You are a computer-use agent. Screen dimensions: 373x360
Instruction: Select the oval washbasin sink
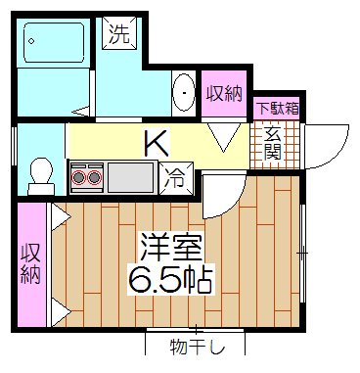pos(183,95)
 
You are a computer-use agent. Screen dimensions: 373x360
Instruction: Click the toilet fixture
pos(41,172)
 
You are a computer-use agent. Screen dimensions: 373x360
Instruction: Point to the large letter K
pos(157,143)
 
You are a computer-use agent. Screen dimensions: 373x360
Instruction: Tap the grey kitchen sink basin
pos(130,177)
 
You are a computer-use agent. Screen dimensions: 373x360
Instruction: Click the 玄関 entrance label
pos(273,143)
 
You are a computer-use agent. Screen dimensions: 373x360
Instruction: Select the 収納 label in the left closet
pos(29,263)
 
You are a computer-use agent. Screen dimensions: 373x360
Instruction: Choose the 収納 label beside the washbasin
pos(224,94)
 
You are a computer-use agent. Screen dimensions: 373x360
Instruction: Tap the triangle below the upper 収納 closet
pos(224,139)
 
